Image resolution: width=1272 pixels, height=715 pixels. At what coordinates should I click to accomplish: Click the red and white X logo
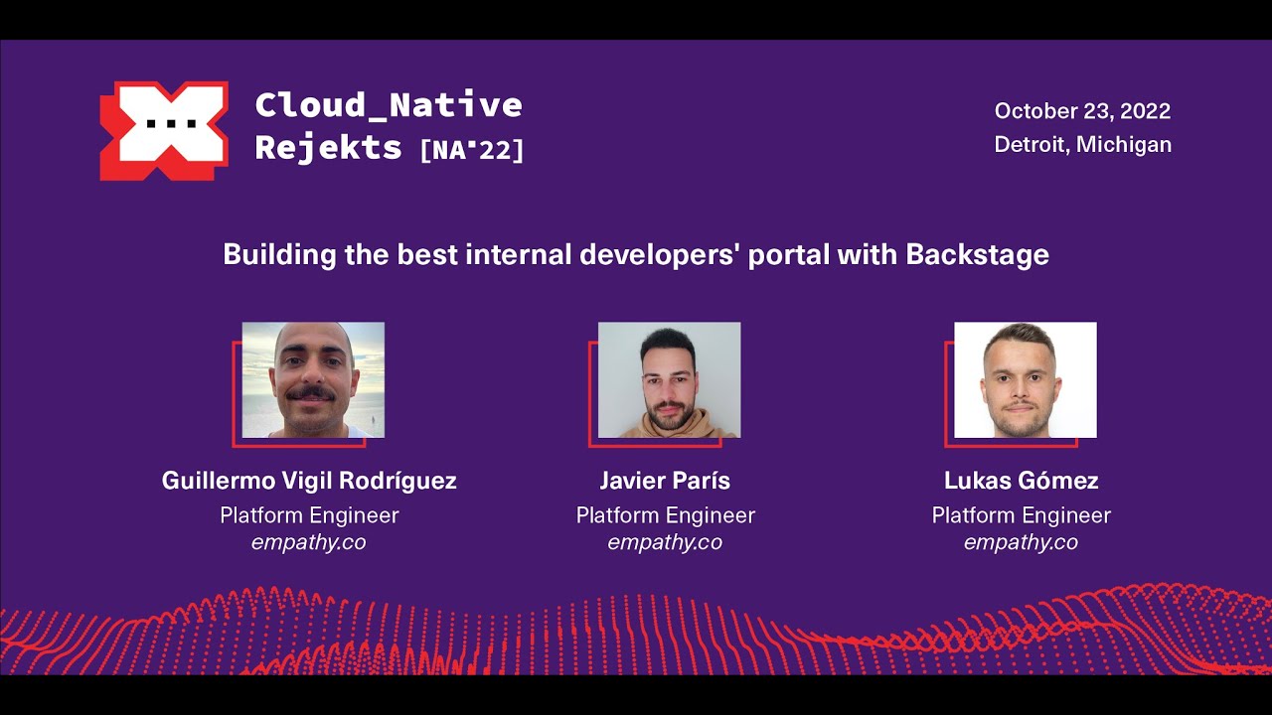[164, 130]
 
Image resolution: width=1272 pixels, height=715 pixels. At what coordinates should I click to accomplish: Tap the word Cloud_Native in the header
[389, 104]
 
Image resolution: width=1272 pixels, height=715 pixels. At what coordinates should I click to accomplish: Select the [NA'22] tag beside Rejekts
[472, 150]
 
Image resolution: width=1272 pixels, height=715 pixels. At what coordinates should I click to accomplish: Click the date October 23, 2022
[1082, 111]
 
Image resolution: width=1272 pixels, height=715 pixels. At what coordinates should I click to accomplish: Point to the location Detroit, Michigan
[1082, 145]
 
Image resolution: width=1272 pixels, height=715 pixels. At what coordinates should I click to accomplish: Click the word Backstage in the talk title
[977, 255]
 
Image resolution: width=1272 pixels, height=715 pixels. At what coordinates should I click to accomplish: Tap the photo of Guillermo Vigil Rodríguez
[313, 379]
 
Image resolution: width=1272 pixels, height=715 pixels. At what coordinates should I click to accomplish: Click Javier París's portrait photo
[669, 379]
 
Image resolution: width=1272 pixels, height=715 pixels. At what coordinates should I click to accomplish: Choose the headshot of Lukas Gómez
[1025, 379]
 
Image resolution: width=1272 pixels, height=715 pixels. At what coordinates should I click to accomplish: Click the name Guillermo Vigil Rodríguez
[309, 482]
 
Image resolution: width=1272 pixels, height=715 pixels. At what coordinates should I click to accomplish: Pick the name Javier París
[665, 482]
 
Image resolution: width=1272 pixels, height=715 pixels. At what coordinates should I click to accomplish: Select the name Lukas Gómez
[1021, 482]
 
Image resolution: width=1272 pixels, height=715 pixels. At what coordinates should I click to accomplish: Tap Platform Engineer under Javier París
[665, 515]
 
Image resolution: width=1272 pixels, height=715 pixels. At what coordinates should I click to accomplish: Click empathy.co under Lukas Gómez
[1021, 542]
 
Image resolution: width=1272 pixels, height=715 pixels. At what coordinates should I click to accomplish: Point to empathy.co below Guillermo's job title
[309, 542]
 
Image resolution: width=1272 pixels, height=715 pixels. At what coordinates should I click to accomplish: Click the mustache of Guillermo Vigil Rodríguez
[311, 394]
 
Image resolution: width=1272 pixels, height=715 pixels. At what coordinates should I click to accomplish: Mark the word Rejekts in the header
[328, 148]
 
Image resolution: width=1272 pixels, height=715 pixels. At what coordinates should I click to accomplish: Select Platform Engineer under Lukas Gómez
[1021, 515]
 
